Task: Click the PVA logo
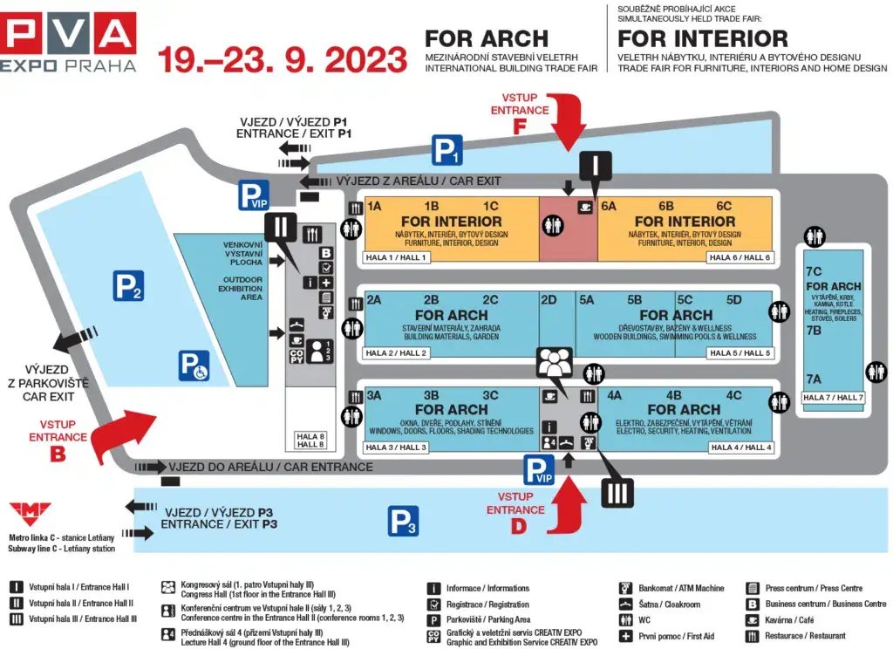pos(69,41)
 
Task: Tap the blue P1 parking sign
pos(447,150)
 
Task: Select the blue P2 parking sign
pos(128,286)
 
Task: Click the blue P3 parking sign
pos(404,522)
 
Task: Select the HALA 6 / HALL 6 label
pos(740,257)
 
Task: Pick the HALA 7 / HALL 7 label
pos(833,398)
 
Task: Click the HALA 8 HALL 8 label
pos(310,441)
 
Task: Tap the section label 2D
pos(548,299)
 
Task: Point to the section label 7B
pos(814,331)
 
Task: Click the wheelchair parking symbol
pos(194,365)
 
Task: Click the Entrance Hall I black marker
pos(596,166)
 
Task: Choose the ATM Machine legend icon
pos(624,588)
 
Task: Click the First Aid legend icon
pos(624,636)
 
